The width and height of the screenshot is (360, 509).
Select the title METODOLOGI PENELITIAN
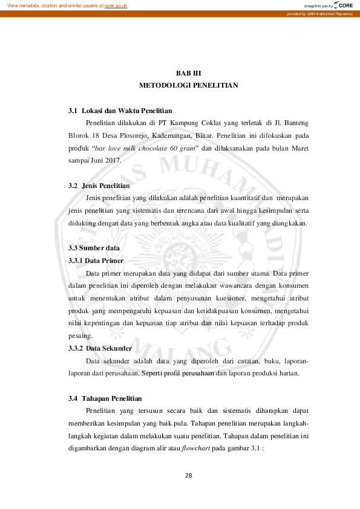click(188, 86)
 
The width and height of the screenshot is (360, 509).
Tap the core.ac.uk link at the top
click(116, 5)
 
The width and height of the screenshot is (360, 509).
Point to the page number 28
click(188, 475)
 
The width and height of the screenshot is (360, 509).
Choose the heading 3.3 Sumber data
click(94, 248)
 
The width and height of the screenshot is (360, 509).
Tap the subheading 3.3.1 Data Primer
click(96, 261)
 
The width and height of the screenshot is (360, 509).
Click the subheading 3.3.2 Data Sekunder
click(100, 348)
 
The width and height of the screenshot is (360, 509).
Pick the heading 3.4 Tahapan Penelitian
click(105, 398)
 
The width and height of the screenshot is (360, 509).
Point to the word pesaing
click(79, 336)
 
